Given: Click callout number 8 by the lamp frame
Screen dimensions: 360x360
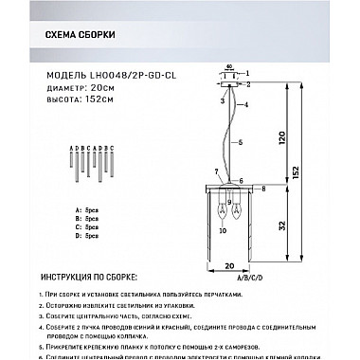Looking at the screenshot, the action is pos(262,190).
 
